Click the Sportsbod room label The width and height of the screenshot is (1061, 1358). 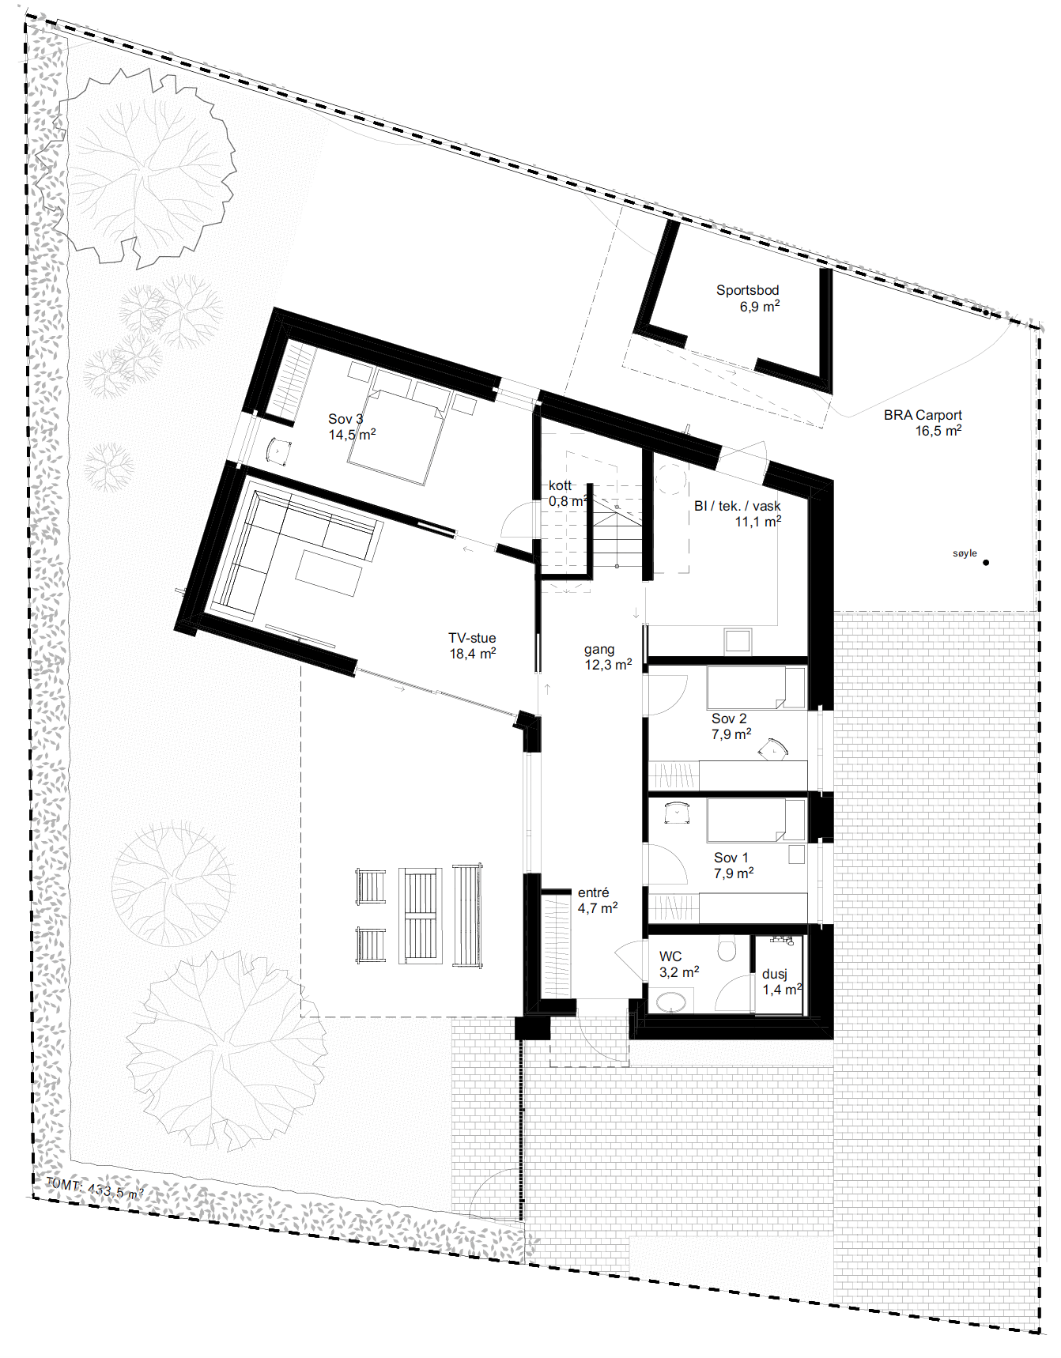[747, 290]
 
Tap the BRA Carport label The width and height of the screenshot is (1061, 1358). [923, 415]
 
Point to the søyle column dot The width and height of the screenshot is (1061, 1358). [986, 563]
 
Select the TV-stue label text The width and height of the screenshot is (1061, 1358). [472, 638]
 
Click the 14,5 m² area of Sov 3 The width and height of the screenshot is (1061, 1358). [352, 435]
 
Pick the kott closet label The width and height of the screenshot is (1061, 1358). [560, 485]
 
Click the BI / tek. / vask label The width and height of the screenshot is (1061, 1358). [737, 506]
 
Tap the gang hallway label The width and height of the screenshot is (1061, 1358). [599, 650]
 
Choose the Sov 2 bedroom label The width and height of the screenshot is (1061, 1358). [729, 719]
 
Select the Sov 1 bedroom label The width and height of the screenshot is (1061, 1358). [731, 858]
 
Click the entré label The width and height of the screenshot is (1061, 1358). [593, 892]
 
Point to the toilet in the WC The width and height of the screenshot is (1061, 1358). [727, 948]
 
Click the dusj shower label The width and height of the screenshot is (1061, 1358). [774, 975]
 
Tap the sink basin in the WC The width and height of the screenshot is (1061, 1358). [672, 1002]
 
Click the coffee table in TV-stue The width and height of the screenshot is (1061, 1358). [329, 571]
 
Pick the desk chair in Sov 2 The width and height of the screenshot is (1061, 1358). [773, 749]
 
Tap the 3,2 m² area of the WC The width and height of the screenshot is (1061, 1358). [679, 972]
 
